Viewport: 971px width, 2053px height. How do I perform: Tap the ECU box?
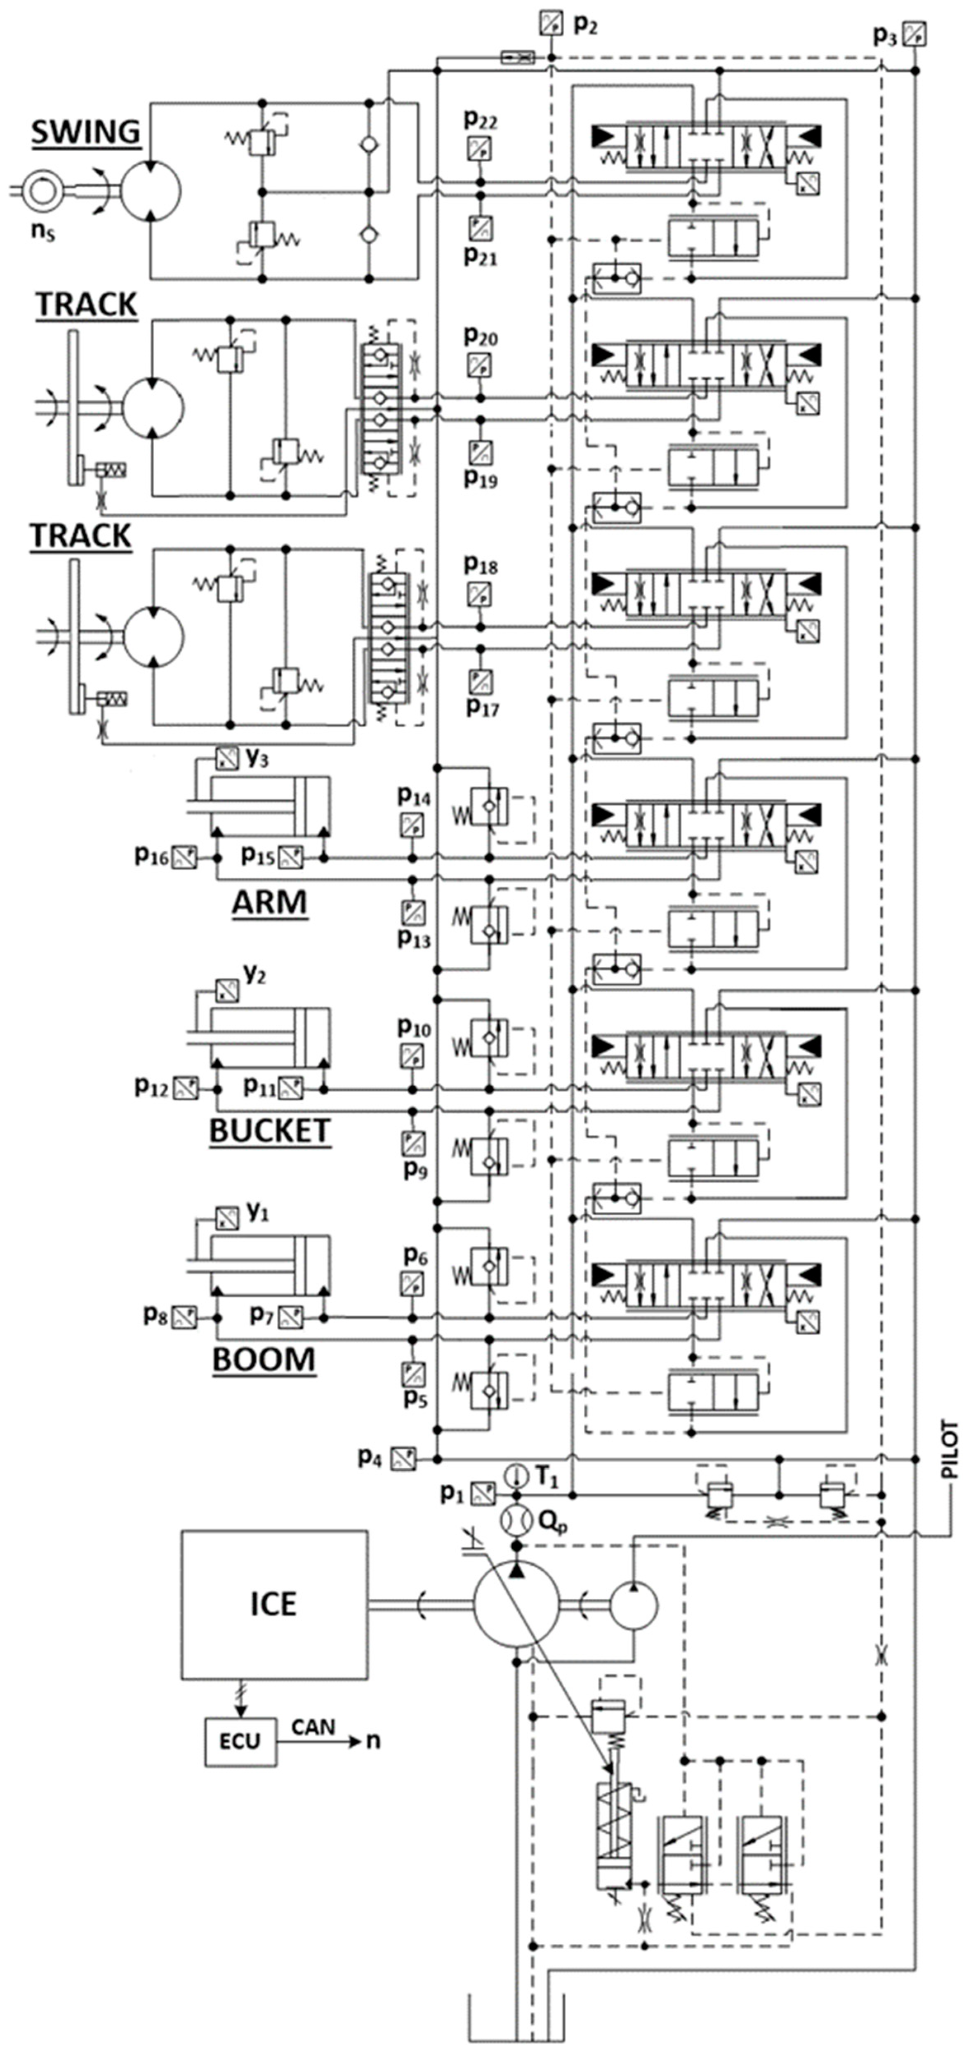(240, 1741)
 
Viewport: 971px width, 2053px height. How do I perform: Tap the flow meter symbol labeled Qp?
(516, 1520)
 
